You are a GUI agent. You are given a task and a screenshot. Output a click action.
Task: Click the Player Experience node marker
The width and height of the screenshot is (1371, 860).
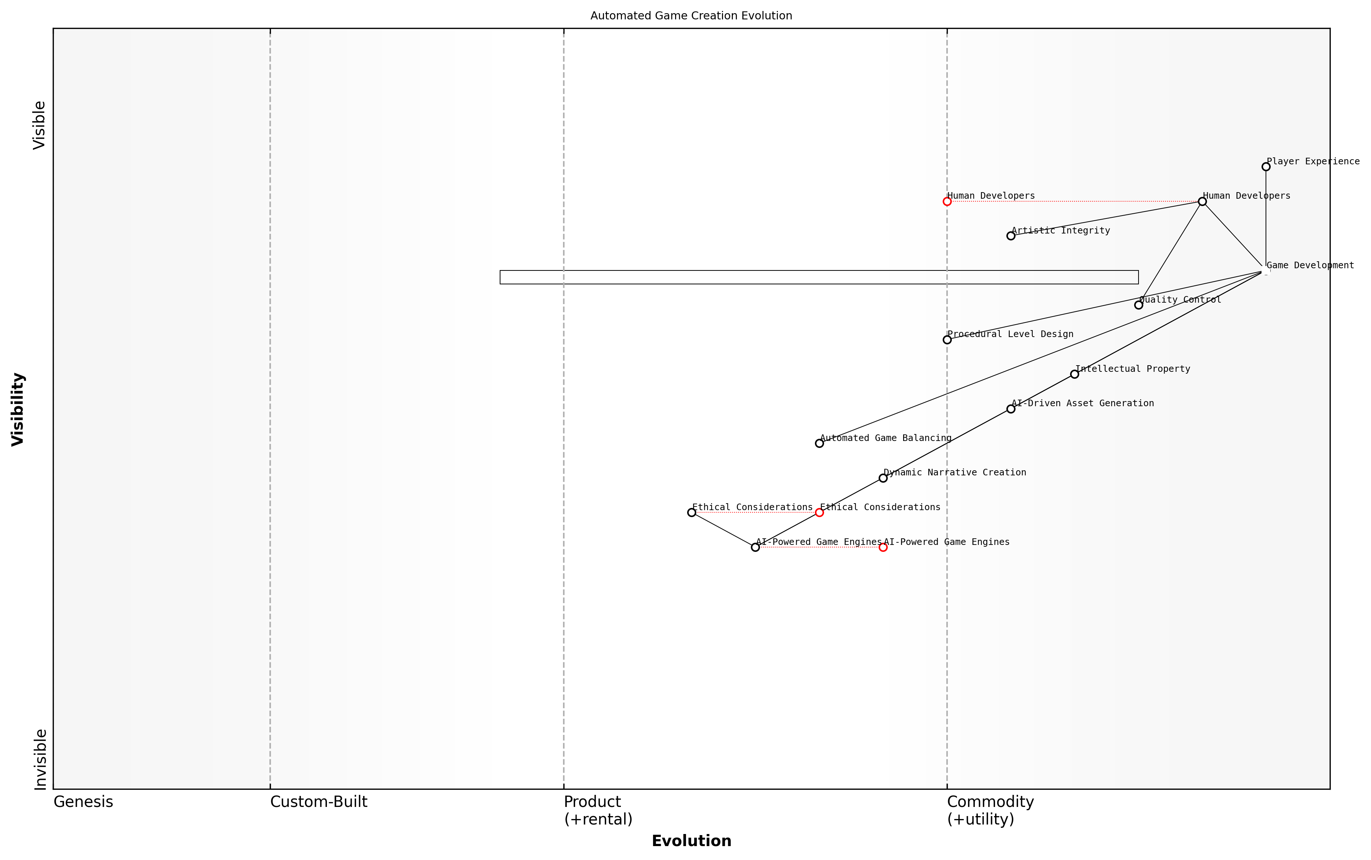1266,167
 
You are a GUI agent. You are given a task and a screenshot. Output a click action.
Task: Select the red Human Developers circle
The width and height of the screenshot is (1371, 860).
947,201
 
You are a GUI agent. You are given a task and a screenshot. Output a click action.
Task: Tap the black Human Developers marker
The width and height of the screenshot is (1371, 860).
1202,201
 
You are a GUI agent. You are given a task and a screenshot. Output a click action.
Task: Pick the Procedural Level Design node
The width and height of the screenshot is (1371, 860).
947,340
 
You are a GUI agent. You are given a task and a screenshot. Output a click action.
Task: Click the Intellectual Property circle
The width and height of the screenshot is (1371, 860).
1074,374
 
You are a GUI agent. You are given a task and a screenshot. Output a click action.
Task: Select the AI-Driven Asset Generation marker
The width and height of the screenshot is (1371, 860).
1011,409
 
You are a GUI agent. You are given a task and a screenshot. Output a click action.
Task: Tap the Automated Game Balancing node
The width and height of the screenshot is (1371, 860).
819,444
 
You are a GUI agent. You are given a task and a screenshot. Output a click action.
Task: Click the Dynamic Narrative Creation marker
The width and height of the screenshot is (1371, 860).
883,478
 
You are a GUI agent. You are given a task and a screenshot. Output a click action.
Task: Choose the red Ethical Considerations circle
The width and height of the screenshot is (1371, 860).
819,512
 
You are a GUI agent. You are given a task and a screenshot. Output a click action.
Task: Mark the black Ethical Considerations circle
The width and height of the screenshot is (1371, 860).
692,512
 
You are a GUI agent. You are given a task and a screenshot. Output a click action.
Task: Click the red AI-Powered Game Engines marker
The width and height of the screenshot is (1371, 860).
883,547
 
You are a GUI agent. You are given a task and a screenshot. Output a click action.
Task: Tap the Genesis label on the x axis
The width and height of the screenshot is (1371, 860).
83,802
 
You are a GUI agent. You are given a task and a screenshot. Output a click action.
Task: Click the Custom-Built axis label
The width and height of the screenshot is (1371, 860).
318,802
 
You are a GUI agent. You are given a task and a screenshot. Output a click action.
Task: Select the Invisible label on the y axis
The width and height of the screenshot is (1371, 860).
40,759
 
